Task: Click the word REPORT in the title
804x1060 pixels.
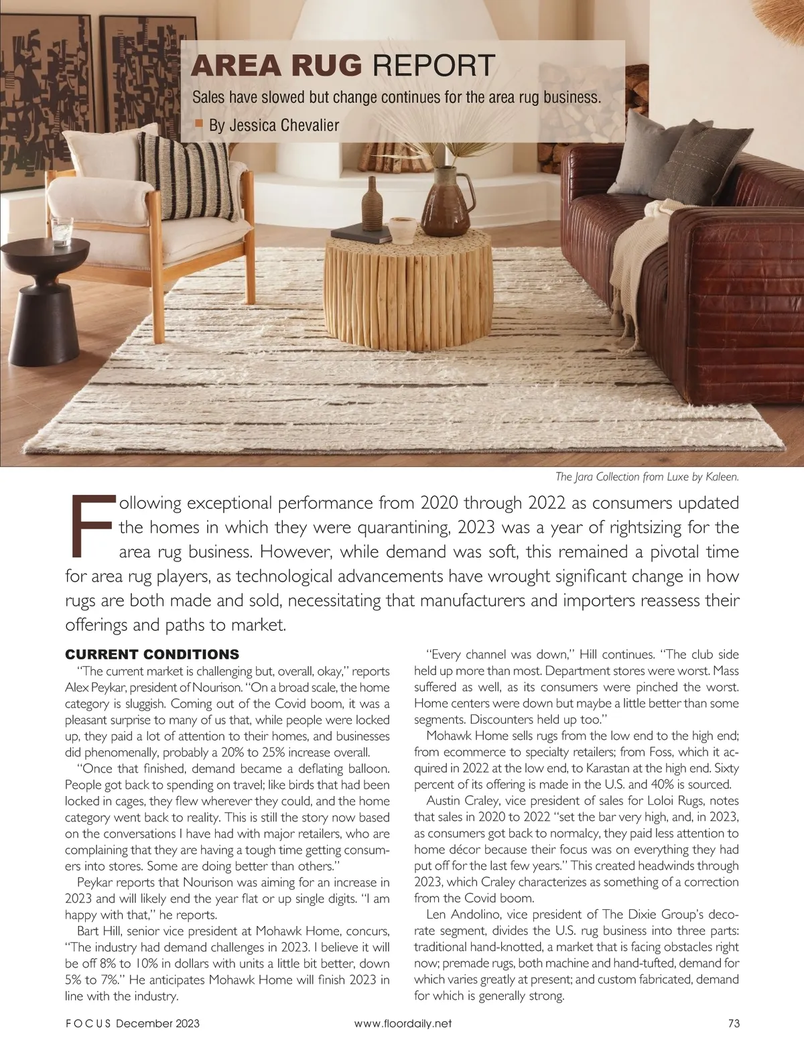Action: (x=432, y=66)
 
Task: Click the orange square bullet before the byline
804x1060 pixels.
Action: (x=198, y=123)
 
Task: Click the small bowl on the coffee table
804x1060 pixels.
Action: (x=401, y=230)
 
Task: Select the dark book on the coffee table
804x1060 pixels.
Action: (x=361, y=233)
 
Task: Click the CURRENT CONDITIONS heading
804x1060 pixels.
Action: (x=151, y=654)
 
